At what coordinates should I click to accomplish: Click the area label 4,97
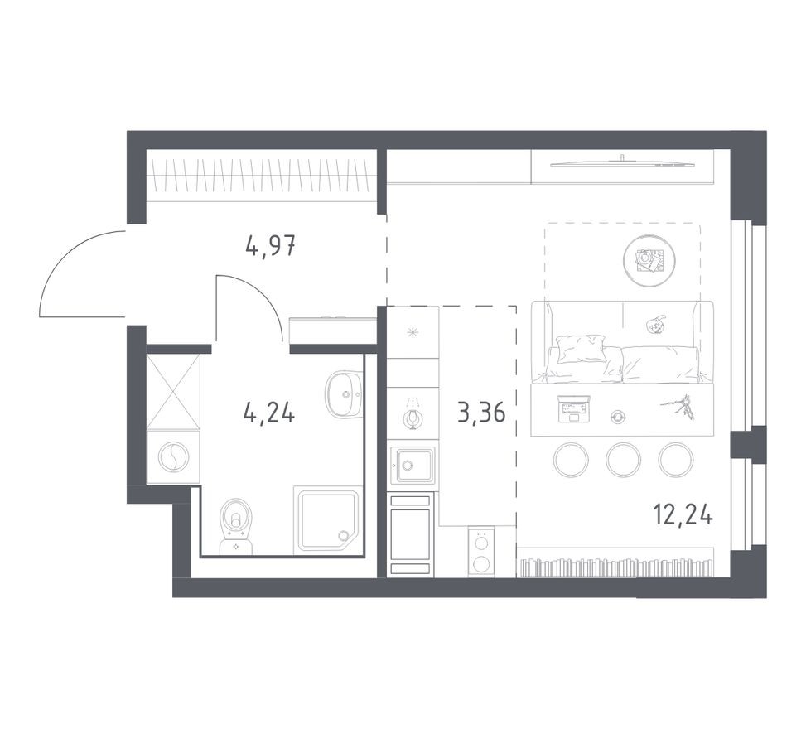271,246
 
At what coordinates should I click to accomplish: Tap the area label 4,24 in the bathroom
269,412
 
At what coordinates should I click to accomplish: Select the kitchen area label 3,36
481,412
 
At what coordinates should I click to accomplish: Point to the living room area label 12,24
683,515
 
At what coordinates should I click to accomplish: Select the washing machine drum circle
174,456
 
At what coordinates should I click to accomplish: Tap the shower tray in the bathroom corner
328,520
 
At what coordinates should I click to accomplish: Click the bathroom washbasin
341,394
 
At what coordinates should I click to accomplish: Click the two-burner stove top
480,551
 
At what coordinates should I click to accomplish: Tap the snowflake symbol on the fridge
413,332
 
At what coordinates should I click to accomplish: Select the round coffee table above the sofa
647,261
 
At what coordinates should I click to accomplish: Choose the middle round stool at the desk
623,460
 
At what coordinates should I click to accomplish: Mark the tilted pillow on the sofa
581,348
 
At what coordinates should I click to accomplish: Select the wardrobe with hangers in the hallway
261,176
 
